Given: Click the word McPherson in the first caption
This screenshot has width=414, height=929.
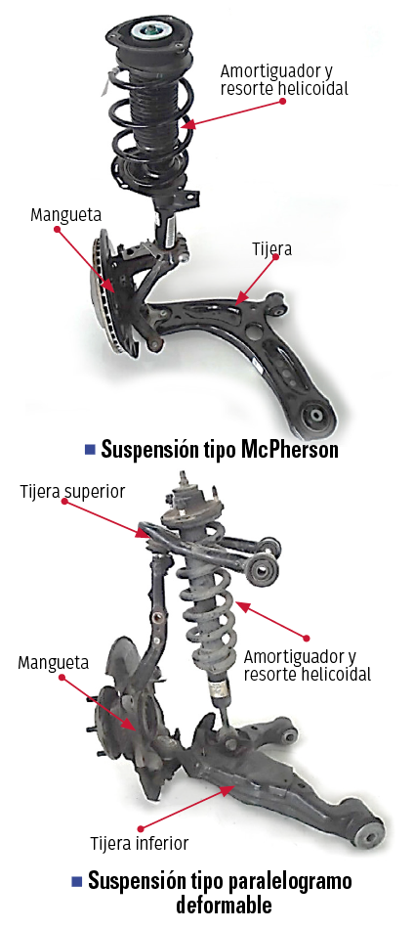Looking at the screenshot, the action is pos(290,450).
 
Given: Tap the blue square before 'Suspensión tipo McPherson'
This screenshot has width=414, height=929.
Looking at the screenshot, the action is pos(90,450).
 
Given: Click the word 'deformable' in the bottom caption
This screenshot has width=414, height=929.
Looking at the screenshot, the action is pos(225,906).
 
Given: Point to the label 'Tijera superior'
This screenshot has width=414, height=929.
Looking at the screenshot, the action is pos(72,492).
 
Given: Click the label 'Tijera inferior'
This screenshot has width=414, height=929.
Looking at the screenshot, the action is pos(140,843).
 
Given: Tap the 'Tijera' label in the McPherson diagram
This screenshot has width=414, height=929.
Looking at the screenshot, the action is pos(269,249).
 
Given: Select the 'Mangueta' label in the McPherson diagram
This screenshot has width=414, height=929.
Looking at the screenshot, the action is pos(65,214).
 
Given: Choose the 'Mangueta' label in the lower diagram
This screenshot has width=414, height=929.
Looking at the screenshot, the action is pos(54,662).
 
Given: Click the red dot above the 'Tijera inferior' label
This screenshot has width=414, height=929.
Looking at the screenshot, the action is pos(140,827).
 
